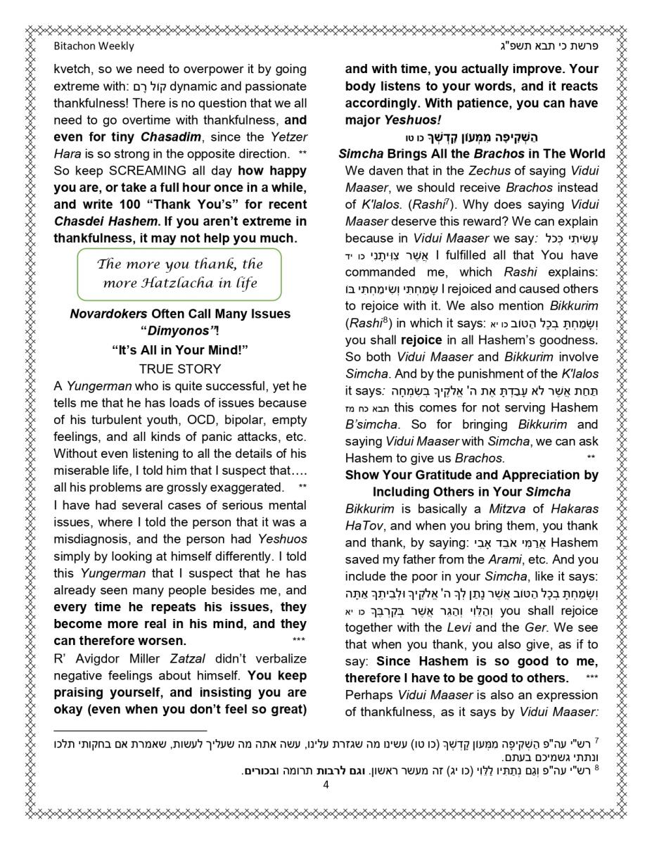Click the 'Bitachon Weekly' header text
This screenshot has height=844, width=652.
pyautogui.click(x=94, y=46)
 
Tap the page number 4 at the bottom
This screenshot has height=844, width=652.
pyautogui.click(x=326, y=785)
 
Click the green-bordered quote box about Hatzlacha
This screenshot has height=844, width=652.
pyautogui.click(x=179, y=274)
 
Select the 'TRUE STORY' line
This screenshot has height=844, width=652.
pyautogui.click(x=180, y=369)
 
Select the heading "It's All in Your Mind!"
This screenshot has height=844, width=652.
pyautogui.click(x=180, y=350)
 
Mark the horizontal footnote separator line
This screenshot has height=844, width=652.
pyautogui.click(x=130, y=731)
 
